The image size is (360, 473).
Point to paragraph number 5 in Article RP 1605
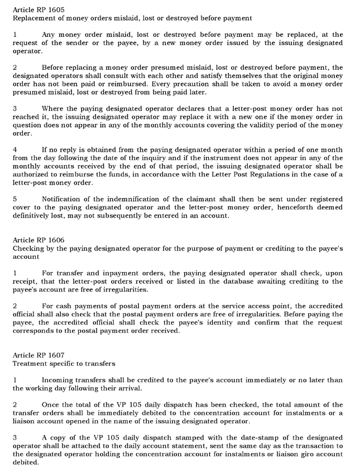pos(15,199)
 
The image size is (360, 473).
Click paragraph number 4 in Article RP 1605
pos(15,149)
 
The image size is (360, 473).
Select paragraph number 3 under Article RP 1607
pos(15,437)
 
